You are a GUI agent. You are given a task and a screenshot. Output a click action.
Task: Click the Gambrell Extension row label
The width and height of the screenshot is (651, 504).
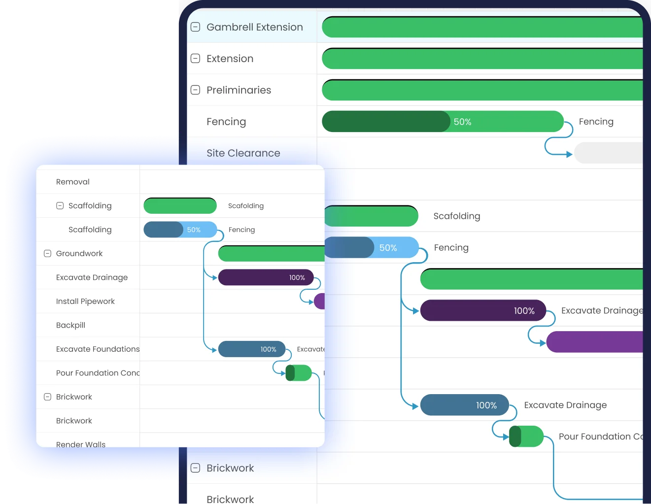254,27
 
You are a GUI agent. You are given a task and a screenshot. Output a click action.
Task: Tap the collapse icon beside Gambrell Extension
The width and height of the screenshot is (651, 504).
196,27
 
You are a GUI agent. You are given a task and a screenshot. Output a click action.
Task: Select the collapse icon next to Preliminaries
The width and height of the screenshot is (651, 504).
196,90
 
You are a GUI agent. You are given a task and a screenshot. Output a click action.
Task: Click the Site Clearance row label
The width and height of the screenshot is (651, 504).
243,153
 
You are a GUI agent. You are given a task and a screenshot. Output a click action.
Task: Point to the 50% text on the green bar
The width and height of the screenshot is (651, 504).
462,122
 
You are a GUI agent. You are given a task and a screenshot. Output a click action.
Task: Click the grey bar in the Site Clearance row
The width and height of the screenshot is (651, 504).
609,153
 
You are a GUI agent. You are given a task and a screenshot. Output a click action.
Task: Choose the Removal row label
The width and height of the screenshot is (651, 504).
73,182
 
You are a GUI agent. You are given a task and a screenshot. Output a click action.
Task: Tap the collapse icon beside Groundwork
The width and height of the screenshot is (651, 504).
48,254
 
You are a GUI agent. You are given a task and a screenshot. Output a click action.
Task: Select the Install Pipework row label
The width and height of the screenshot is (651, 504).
85,302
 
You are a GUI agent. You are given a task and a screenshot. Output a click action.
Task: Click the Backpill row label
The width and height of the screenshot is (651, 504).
70,325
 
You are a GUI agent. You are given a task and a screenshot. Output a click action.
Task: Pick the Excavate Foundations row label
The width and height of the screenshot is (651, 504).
98,349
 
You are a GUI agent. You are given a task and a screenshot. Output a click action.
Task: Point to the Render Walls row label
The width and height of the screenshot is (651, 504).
81,444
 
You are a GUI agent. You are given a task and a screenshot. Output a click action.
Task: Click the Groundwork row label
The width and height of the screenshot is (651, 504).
79,254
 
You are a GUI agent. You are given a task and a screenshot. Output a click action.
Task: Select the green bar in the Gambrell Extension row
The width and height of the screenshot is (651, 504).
482,27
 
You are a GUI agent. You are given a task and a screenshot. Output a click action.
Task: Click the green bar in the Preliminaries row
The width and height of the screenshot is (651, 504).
482,90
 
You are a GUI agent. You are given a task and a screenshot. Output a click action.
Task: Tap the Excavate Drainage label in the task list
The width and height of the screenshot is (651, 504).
92,277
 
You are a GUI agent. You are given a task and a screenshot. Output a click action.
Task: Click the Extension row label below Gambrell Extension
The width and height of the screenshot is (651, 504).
230,59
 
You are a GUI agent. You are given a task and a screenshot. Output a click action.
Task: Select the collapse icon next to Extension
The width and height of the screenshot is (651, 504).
196,59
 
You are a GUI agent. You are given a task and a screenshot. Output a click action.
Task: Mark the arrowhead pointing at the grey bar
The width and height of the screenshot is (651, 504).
569,154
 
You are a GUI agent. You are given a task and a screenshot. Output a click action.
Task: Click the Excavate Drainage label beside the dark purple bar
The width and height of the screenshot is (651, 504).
602,311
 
